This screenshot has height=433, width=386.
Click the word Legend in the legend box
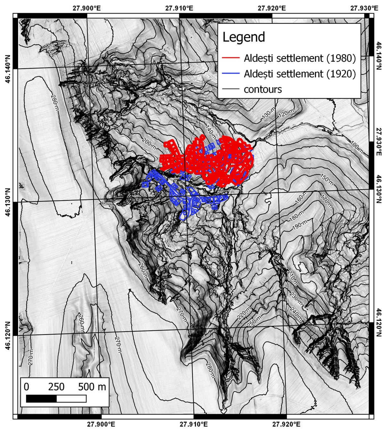point(244,37)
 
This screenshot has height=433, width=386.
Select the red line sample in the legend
point(231,58)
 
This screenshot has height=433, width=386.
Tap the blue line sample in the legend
point(231,74)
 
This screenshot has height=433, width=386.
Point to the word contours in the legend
point(263,89)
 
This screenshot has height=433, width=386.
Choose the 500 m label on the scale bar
point(92,387)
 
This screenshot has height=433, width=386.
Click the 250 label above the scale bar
point(56,387)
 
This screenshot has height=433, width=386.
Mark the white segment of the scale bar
point(71,399)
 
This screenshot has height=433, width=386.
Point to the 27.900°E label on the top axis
point(86,8)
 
